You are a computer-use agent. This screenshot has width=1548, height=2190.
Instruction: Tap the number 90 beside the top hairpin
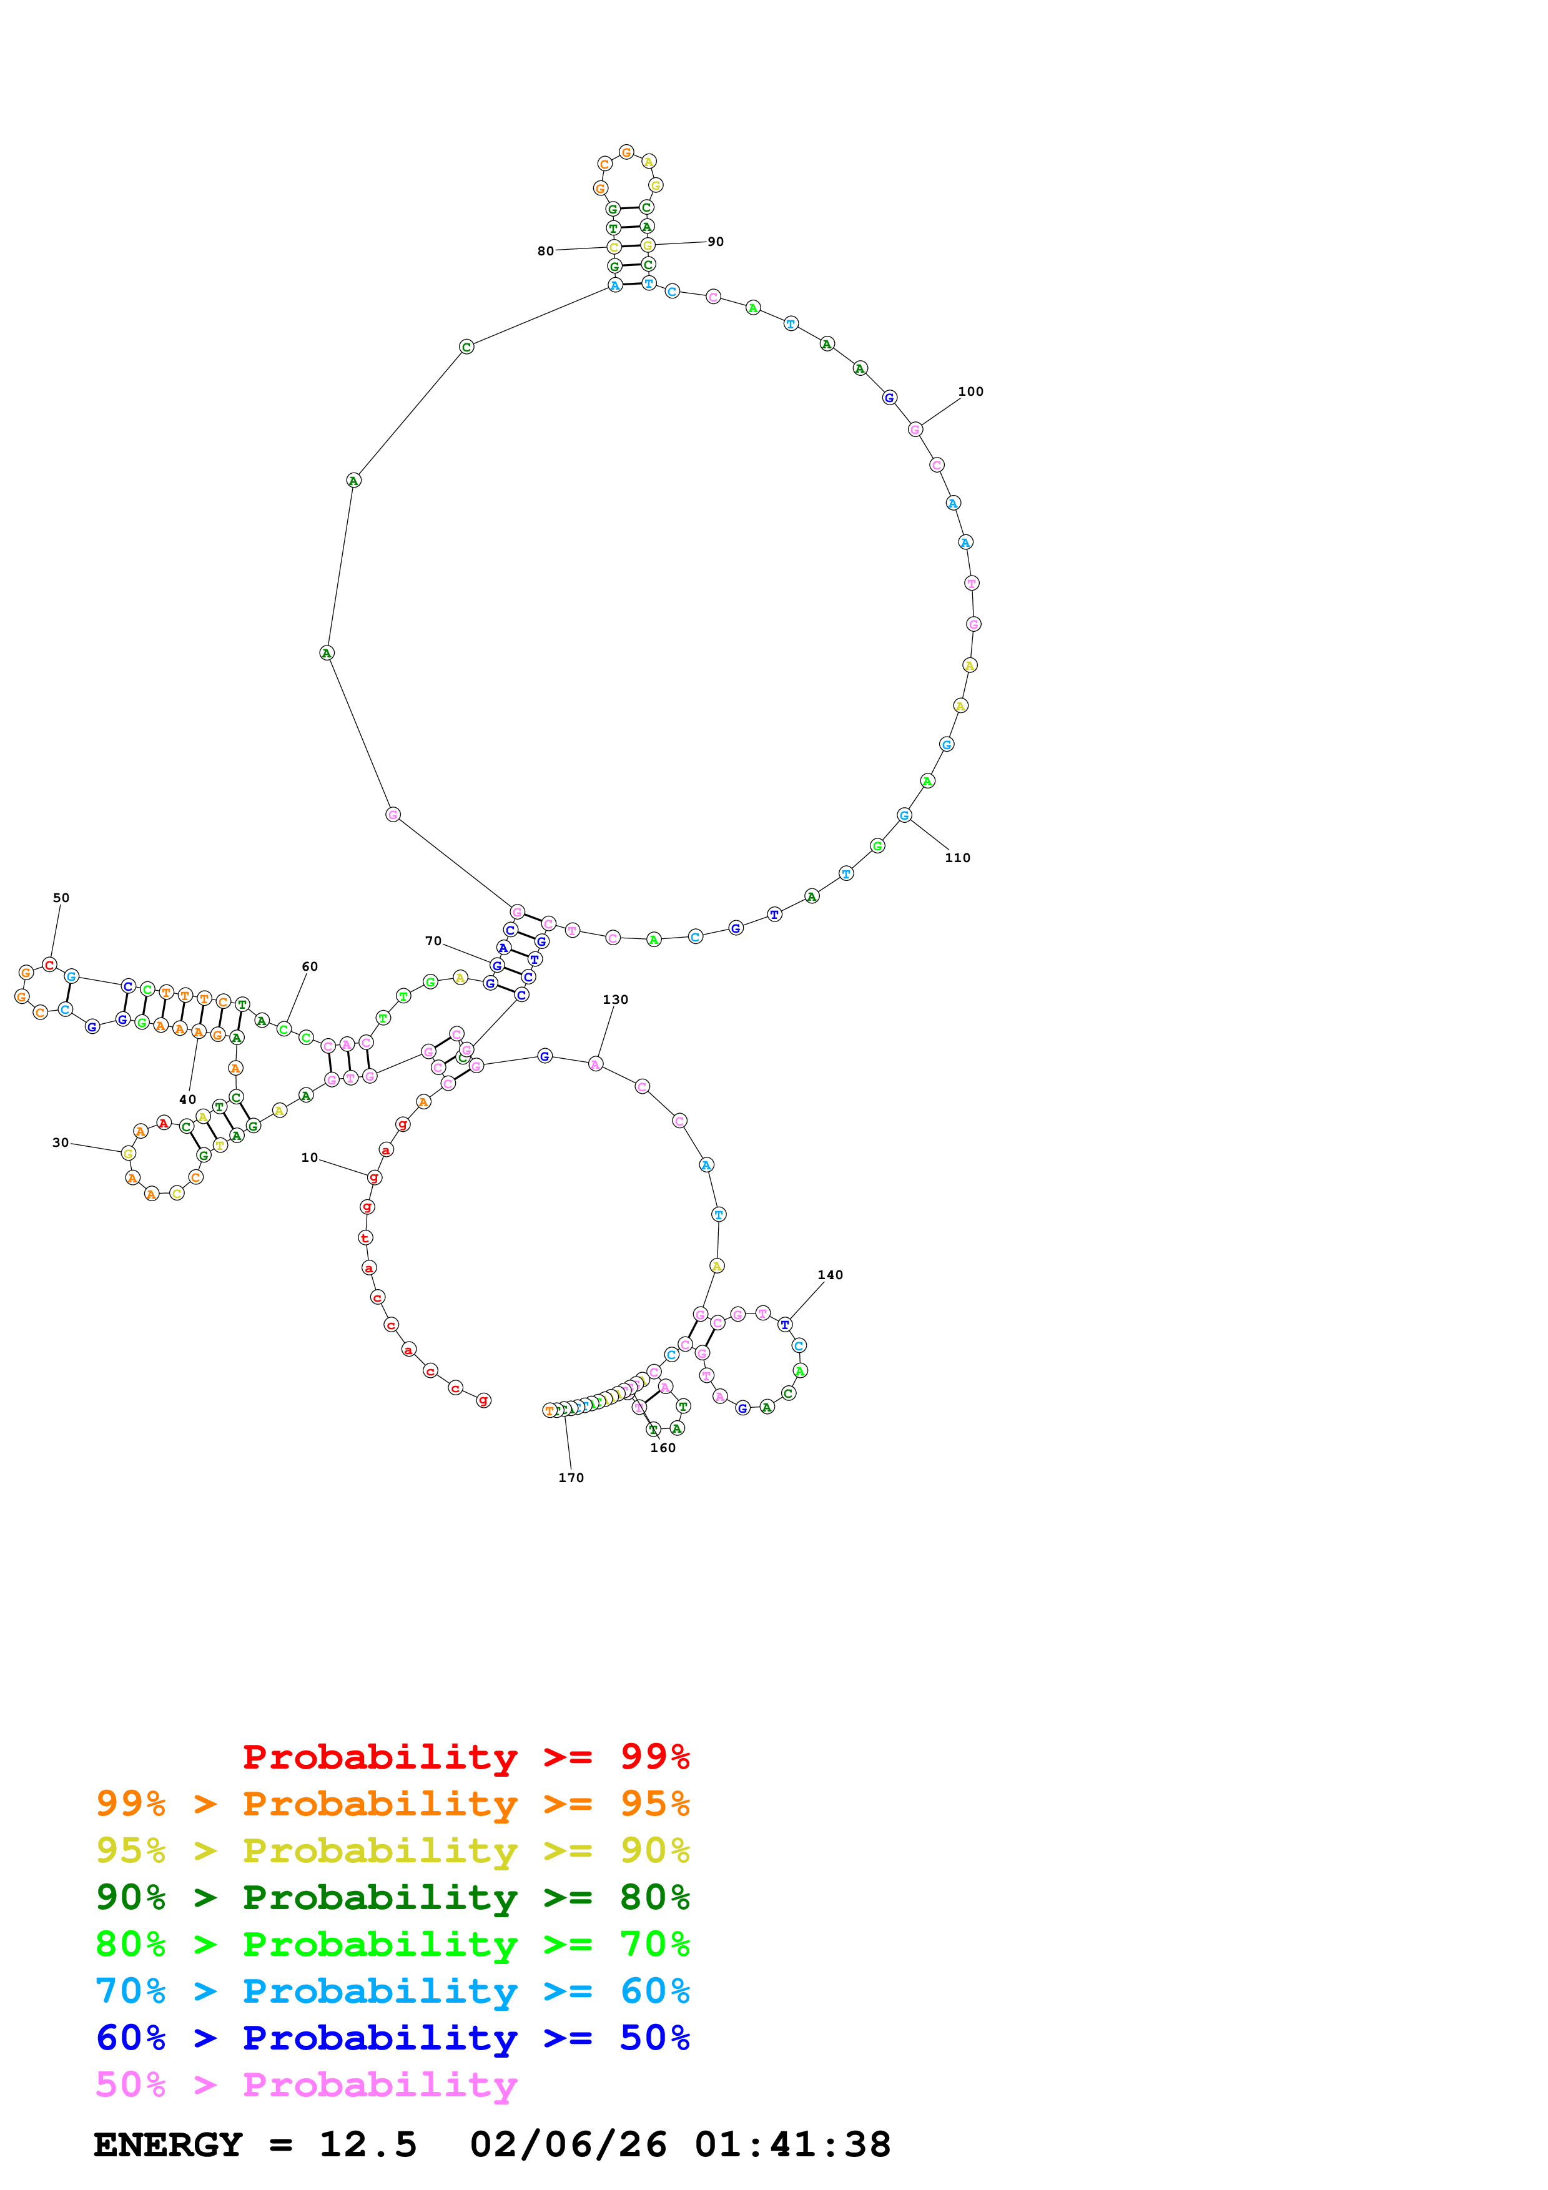(716, 242)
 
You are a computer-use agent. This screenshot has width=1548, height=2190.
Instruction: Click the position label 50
(61, 898)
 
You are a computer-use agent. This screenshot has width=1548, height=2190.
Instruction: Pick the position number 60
(310, 967)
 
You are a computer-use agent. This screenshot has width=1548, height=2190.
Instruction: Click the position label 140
(830, 1276)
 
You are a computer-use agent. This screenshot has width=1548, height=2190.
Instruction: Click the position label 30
(60, 1142)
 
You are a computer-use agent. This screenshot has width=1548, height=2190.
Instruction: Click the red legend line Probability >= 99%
(465, 1757)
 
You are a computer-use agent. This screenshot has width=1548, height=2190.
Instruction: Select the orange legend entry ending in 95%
(392, 1804)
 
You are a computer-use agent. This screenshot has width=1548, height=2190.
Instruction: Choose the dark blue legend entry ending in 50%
(392, 2038)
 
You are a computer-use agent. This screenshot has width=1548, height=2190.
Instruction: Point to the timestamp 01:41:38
(792, 2144)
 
